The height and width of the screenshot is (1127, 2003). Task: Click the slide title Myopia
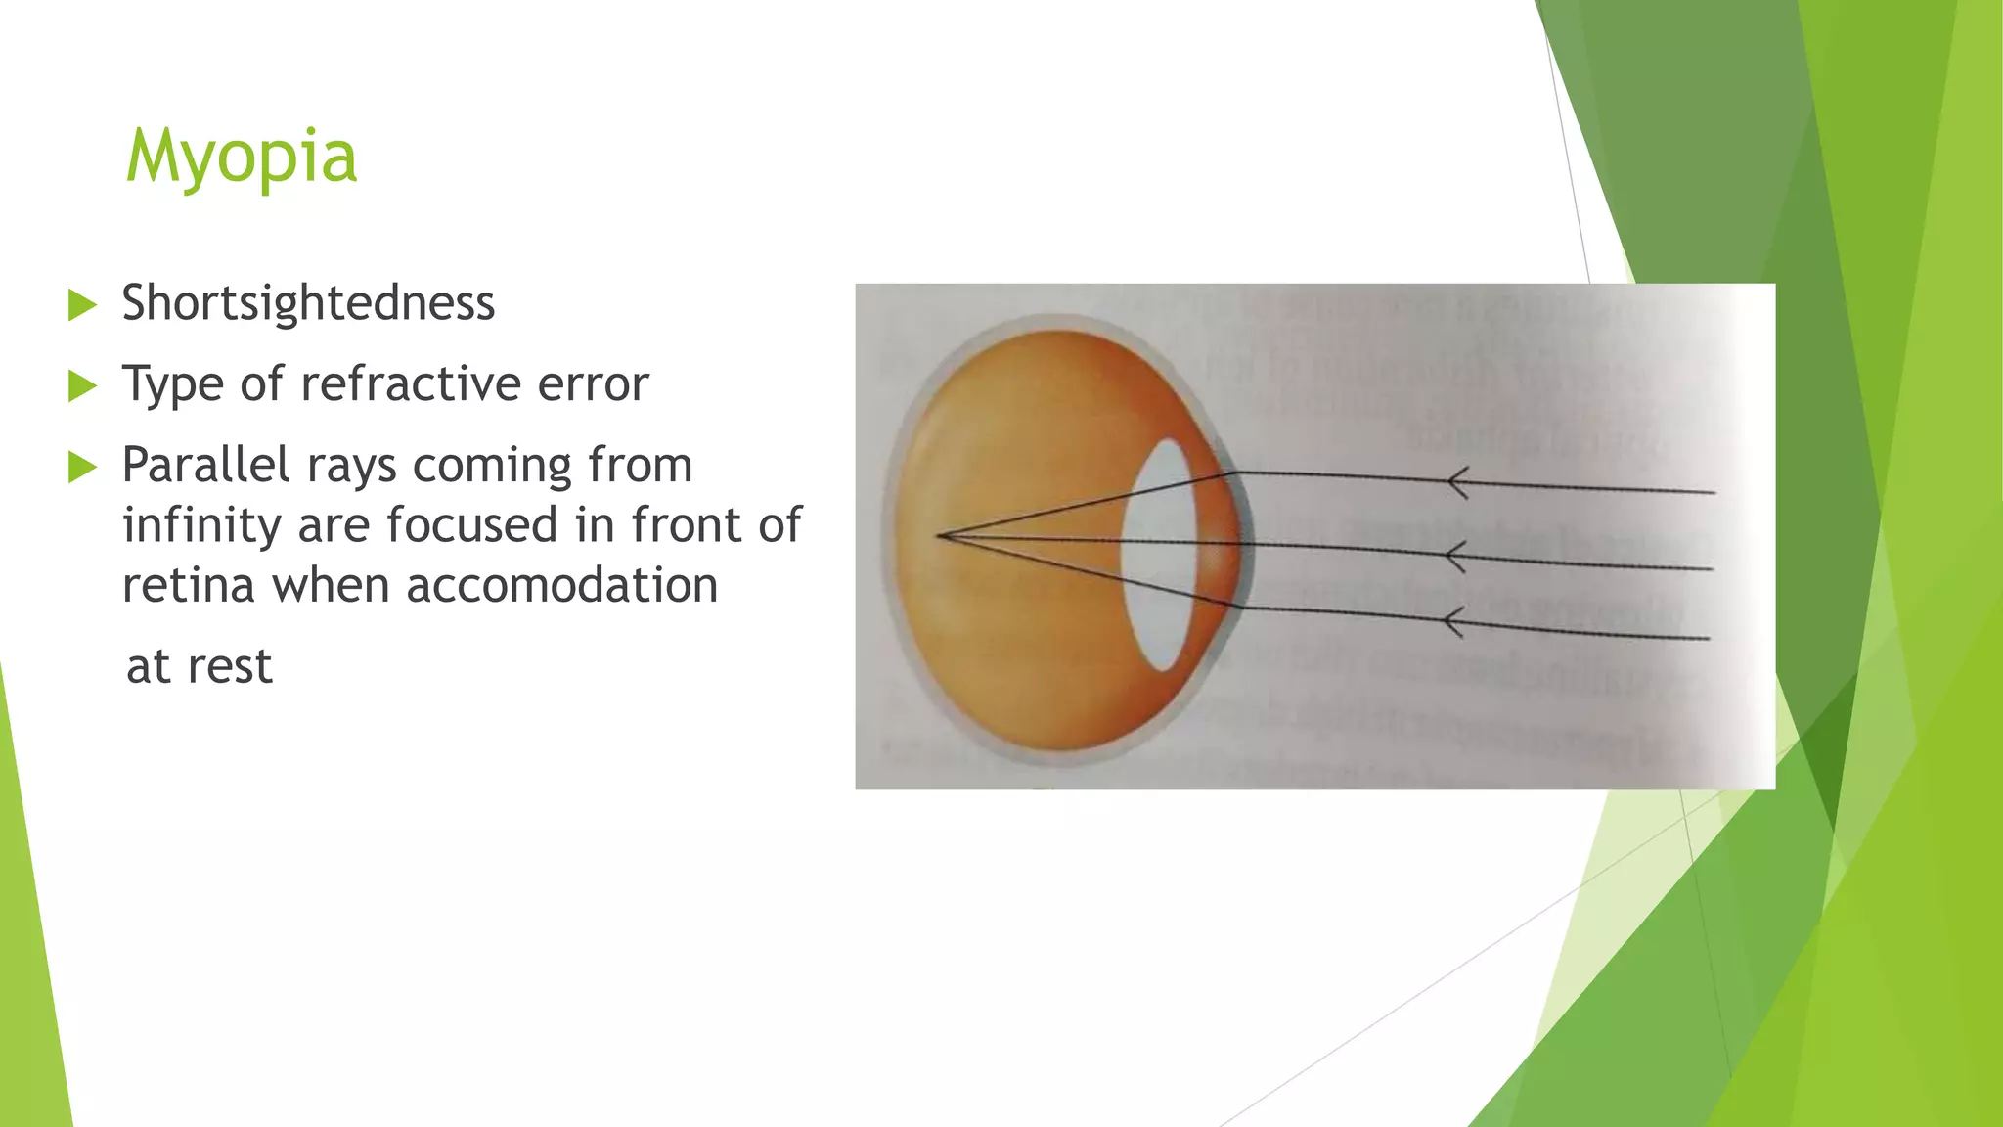point(242,157)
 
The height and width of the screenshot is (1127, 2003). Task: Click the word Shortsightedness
point(308,303)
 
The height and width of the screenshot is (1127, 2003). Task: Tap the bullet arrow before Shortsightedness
point(83,305)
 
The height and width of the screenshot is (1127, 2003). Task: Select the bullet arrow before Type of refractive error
point(83,386)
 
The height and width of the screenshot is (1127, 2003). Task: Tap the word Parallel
point(205,465)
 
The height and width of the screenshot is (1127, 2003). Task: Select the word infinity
point(201,525)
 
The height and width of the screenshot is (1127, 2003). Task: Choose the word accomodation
point(561,586)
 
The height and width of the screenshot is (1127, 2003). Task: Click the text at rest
point(200,667)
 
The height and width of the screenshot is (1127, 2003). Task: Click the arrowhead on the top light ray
point(1457,482)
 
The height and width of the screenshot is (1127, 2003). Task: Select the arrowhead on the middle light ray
point(1455,556)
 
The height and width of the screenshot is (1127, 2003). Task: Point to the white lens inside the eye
point(1164,554)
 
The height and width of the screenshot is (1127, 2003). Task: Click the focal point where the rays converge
point(940,535)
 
